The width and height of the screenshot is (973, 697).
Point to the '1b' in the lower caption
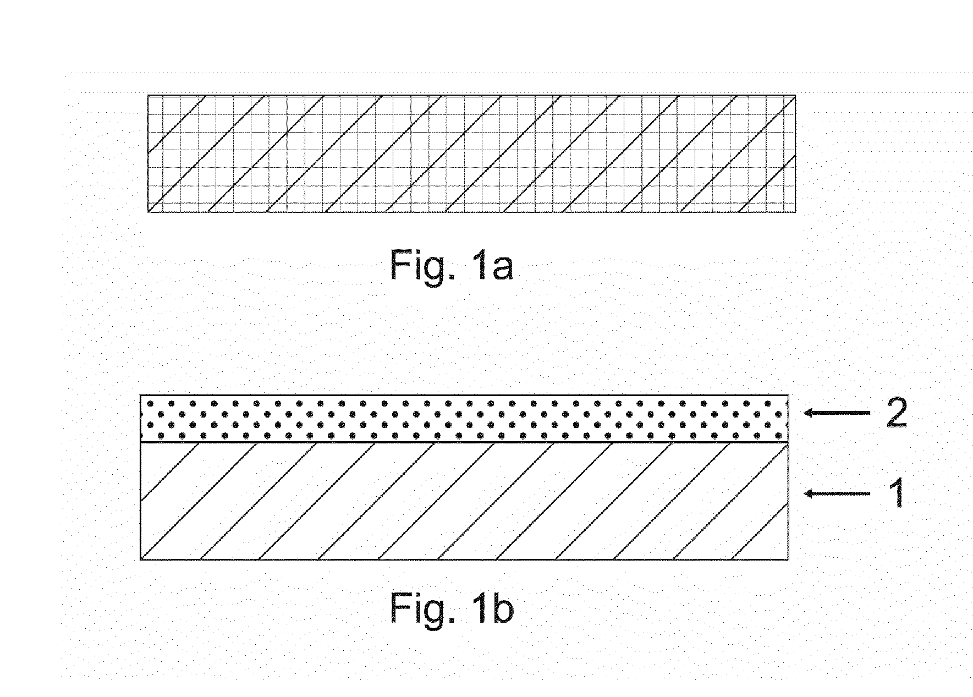point(493,607)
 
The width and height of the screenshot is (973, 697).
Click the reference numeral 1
point(897,493)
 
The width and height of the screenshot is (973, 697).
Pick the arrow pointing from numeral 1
point(837,493)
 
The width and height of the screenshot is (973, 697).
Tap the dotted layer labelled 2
point(464,419)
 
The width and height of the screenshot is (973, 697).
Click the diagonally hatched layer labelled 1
point(464,501)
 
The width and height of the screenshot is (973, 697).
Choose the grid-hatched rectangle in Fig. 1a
point(471,153)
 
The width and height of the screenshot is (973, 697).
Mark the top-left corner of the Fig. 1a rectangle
point(147,95)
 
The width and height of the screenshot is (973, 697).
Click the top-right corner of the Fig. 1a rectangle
point(796,95)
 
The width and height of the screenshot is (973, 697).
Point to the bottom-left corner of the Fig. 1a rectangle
point(147,212)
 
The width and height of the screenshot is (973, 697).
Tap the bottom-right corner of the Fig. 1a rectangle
point(796,212)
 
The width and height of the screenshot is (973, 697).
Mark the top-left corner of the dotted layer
point(140,395)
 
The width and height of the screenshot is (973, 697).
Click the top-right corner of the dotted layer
point(789,395)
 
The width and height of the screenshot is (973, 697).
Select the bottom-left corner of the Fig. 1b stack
point(140,560)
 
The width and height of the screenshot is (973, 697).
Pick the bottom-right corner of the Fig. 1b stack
point(789,560)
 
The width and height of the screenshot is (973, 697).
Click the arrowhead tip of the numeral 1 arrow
point(805,493)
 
